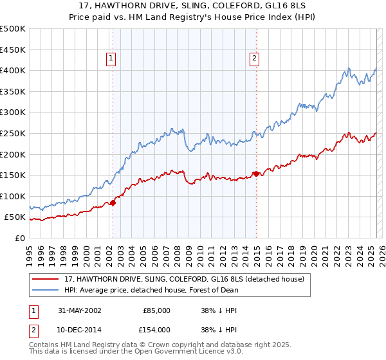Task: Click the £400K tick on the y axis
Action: (x=13, y=70)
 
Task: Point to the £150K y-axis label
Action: (x=13, y=175)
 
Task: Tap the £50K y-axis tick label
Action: (x=15, y=217)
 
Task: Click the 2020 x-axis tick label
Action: (x=313, y=249)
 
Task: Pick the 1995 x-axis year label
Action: (x=30, y=249)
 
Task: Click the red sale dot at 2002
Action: (x=113, y=203)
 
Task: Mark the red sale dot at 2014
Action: (x=256, y=174)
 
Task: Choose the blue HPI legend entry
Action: (x=151, y=290)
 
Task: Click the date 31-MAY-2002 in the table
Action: (x=80, y=310)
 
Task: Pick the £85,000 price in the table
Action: (x=156, y=310)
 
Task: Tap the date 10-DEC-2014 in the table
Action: (x=80, y=329)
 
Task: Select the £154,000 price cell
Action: (x=156, y=329)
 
